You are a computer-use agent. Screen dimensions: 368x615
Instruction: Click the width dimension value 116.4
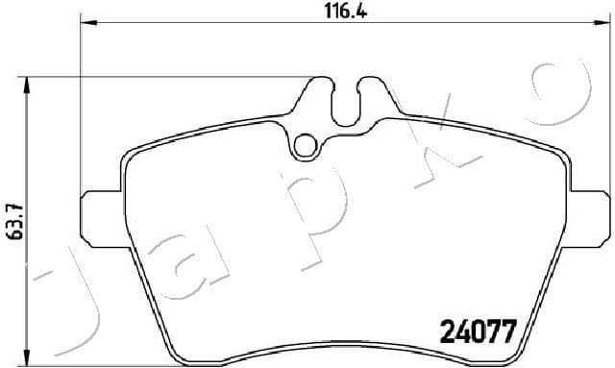coord(343,12)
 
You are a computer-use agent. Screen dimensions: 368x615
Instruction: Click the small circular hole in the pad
coord(306,146)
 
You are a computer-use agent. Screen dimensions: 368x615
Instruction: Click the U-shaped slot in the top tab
coord(345,101)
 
